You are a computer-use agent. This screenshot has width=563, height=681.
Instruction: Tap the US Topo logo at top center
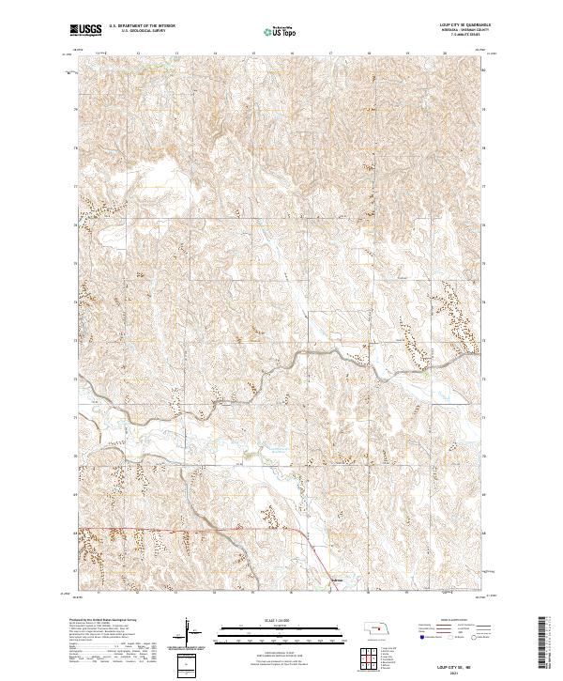(281, 32)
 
